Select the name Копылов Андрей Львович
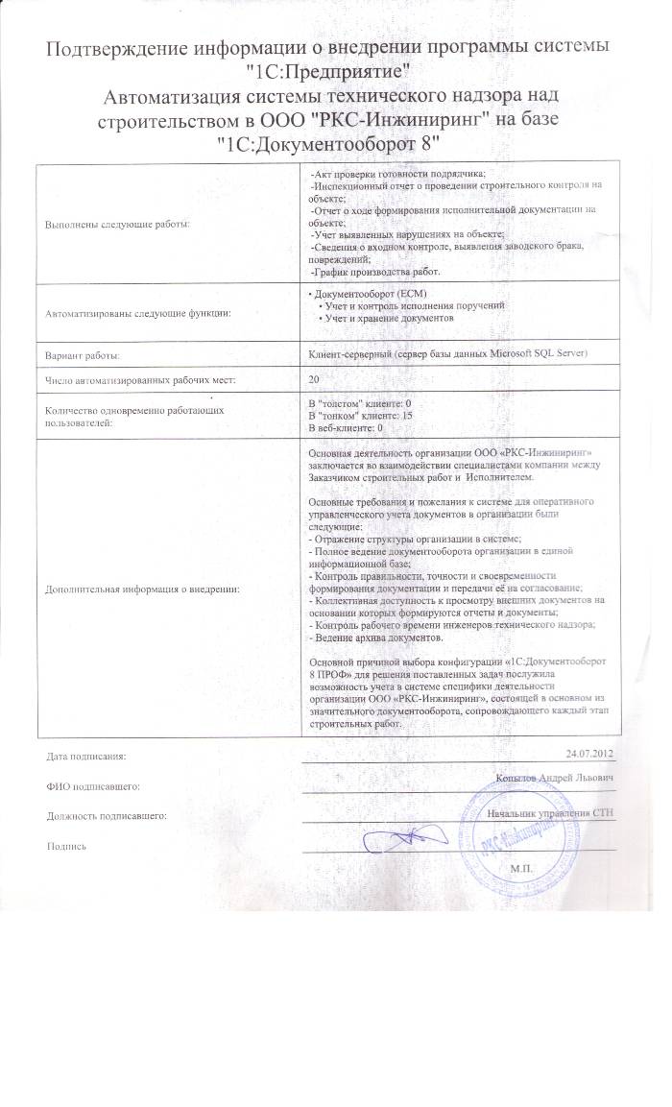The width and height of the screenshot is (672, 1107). click(556, 777)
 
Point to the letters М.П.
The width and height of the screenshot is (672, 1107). click(524, 867)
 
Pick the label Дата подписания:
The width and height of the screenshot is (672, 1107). click(85, 758)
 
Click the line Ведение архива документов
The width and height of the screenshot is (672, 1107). click(375, 638)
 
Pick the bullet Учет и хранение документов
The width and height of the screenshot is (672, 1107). click(388, 317)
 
